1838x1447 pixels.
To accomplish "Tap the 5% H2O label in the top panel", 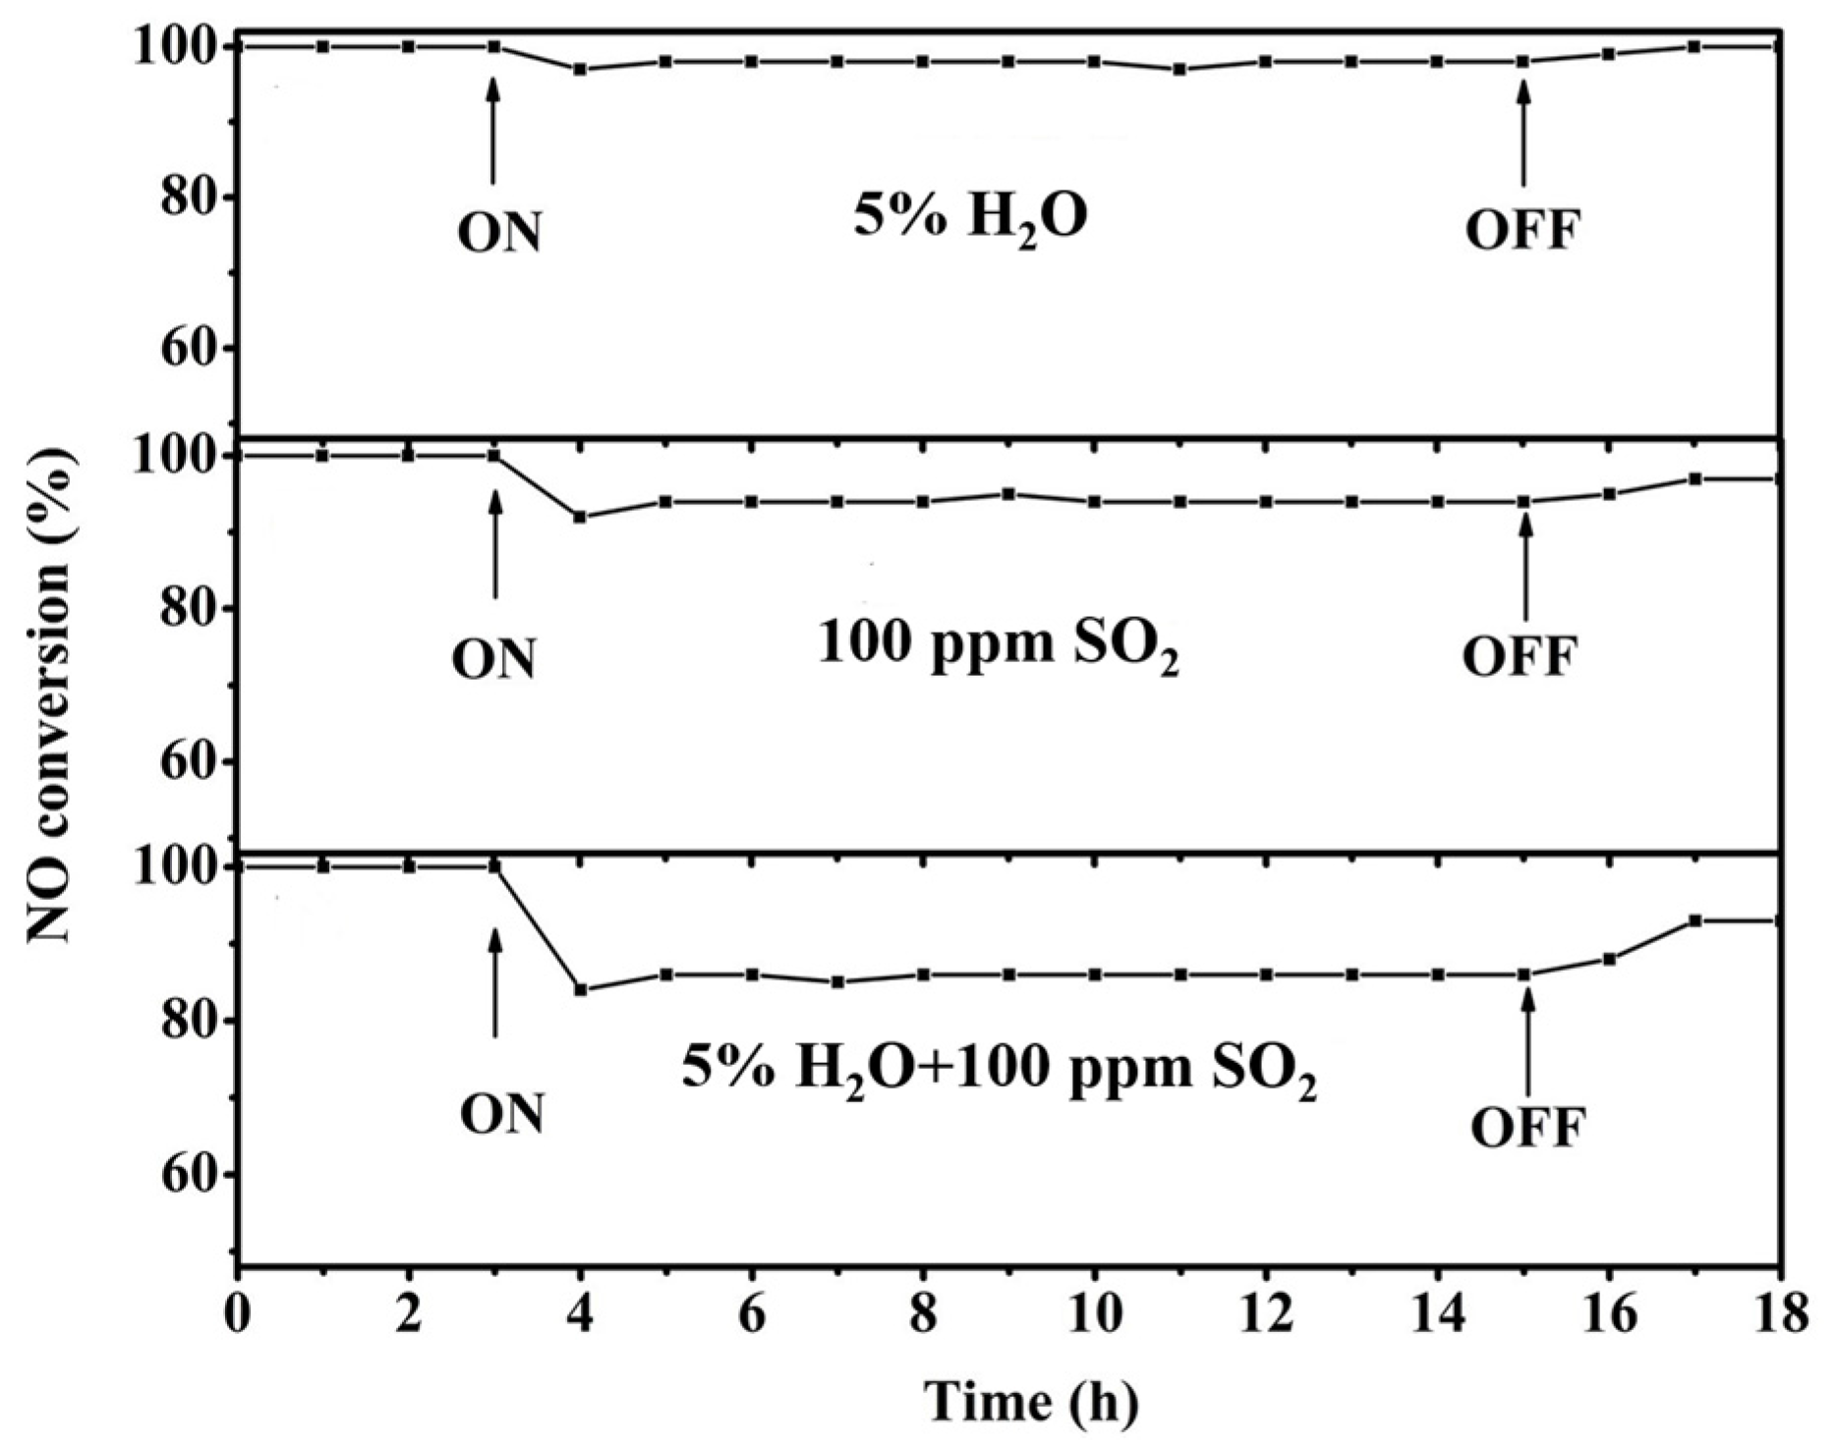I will tap(971, 219).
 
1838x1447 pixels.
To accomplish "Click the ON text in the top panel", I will tap(499, 233).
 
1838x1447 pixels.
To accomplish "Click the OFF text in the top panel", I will tap(1522, 232).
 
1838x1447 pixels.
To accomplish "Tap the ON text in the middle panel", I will tap(494, 659).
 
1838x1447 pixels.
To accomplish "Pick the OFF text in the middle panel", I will tap(1520, 657).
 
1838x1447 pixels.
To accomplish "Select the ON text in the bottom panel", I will tap(501, 1115).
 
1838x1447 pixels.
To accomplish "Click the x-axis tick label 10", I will tap(1094, 1315).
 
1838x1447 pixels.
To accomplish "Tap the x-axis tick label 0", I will tap(237, 1315).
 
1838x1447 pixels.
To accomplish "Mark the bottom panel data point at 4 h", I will tap(581, 989).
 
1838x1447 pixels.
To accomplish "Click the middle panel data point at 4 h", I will tap(581, 517).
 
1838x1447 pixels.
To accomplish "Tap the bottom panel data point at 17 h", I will tap(1694, 920).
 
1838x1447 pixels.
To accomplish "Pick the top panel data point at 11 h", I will tap(1180, 69).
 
